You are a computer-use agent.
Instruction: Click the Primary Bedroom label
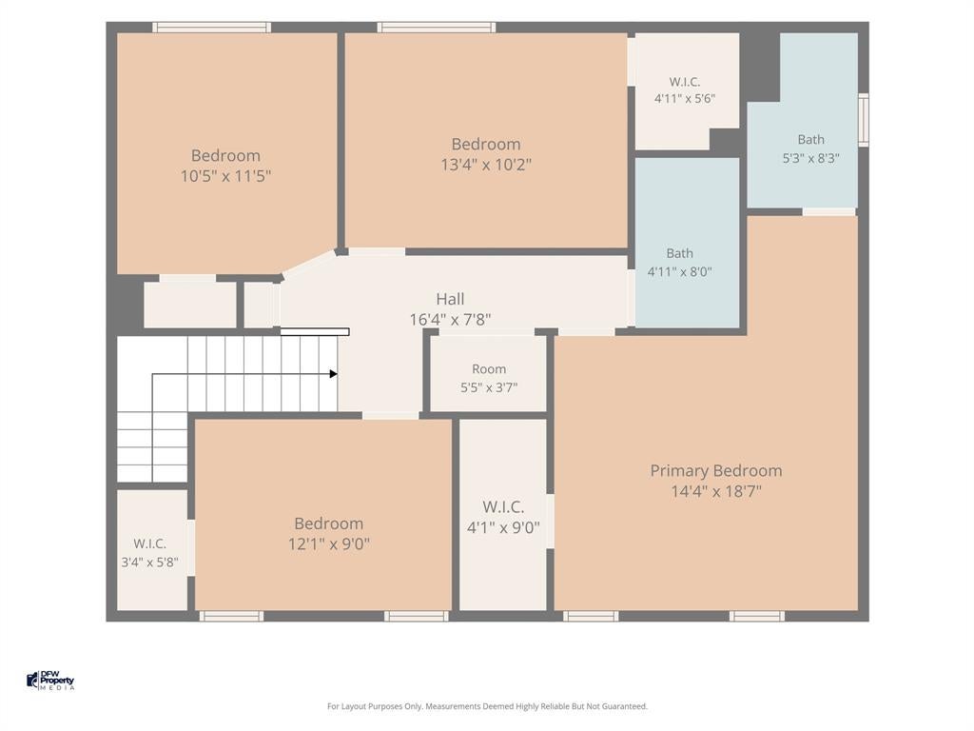pyautogui.click(x=715, y=470)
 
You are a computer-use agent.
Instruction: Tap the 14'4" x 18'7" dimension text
pyautogui.click(x=715, y=492)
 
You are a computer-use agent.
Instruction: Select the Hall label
pyautogui.click(x=450, y=299)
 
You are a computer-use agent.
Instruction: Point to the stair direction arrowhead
pyautogui.click(x=334, y=373)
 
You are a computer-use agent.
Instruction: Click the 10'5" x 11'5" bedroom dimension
pyautogui.click(x=225, y=176)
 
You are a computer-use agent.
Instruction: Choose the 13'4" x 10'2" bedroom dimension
pyautogui.click(x=486, y=165)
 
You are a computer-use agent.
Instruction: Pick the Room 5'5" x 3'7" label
pyautogui.click(x=489, y=378)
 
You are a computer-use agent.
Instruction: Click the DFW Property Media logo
pyautogui.click(x=50, y=680)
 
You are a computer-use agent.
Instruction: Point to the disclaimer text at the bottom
pyautogui.click(x=487, y=706)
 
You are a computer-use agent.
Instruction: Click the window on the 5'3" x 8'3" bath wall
pyautogui.click(x=864, y=120)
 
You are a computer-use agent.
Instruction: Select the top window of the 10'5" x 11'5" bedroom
pyautogui.click(x=212, y=28)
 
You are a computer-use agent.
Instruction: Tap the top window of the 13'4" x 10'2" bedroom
pyautogui.click(x=437, y=28)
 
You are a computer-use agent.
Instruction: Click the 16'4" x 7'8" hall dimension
pyautogui.click(x=450, y=320)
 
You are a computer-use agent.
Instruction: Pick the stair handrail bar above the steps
pyautogui.click(x=315, y=332)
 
